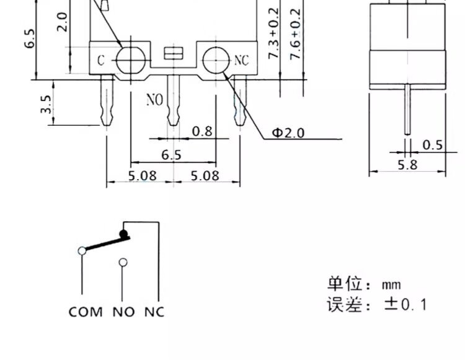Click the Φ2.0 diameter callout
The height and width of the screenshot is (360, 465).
point(288,133)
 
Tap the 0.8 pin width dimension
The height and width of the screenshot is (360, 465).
point(202,131)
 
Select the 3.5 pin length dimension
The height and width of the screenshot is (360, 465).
point(46,104)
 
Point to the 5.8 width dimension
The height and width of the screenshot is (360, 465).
point(407,165)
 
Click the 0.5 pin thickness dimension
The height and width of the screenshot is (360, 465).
point(432,145)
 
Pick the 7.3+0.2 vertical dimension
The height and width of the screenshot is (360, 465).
point(273,33)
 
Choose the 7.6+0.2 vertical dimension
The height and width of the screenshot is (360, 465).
point(295,34)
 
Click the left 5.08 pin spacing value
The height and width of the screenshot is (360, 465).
point(143,176)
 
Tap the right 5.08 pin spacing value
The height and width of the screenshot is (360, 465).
point(205,176)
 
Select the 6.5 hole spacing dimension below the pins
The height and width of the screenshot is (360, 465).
point(171,155)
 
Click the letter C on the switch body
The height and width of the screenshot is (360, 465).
point(101,61)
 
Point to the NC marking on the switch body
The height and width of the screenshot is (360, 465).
point(241,61)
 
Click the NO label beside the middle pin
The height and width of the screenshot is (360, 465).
point(155,100)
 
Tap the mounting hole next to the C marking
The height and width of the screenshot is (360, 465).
point(131,61)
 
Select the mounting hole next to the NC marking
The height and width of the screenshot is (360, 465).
point(216,60)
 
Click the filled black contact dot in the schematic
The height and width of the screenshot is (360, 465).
point(123,234)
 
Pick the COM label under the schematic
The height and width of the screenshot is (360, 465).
point(86,312)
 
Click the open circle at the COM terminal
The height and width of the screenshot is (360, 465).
point(82,251)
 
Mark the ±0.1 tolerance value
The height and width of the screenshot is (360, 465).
point(405,304)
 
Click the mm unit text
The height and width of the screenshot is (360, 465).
point(391,285)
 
